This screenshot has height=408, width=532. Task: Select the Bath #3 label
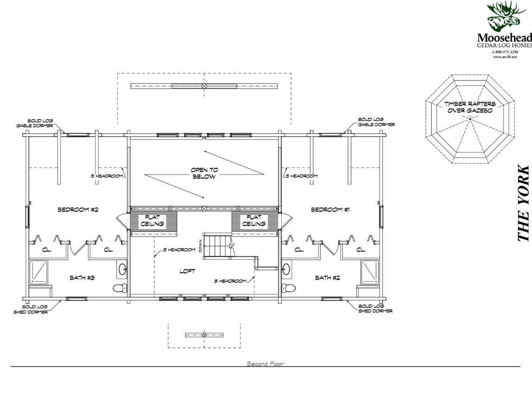point(82,278)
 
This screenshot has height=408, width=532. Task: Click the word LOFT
point(187,272)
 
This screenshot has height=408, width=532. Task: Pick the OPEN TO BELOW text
point(204,173)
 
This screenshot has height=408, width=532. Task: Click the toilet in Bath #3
point(119,288)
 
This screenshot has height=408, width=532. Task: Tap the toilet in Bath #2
point(289,288)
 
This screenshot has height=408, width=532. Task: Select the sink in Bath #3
point(123,268)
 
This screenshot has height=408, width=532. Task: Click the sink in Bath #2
point(286,268)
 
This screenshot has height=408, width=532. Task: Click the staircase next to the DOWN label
point(217,246)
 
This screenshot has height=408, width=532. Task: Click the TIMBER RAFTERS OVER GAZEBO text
point(470,107)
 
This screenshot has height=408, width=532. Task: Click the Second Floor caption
point(266,363)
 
